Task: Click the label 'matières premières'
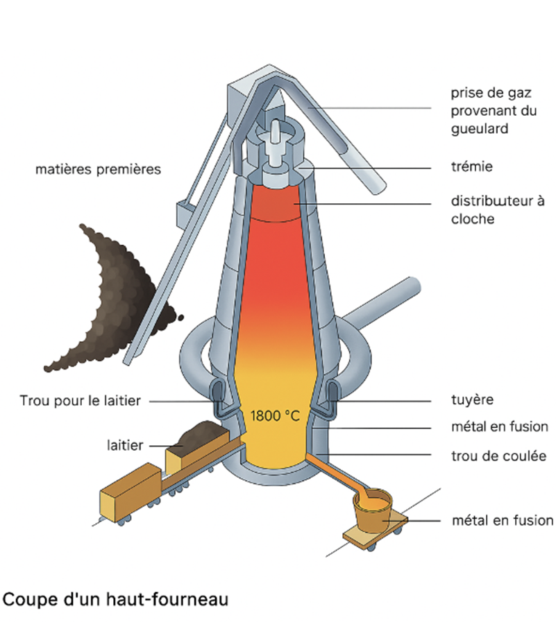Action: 98,169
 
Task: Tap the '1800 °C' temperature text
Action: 275,416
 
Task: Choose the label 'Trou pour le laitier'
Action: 81,400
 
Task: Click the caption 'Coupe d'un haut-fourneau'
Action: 116,598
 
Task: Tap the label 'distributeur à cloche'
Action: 493,211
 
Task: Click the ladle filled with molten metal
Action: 373,510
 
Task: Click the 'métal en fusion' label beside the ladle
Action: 502,520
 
